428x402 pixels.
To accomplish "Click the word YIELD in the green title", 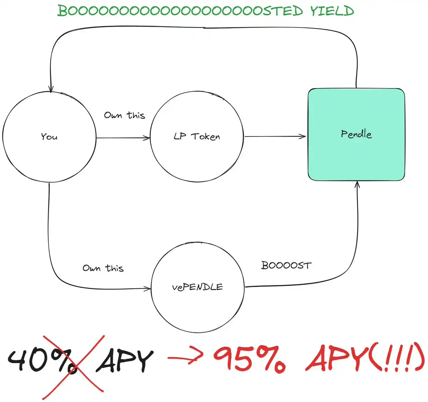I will coord(332,11).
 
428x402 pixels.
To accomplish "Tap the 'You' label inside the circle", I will coord(49,137).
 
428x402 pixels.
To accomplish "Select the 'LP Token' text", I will coord(197,137).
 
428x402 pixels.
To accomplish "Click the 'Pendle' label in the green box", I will coord(356,134).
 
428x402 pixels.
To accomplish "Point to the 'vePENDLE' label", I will coord(197,287).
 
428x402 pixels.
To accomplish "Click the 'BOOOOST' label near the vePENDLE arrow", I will coord(286,265).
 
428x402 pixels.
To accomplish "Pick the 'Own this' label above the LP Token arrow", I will coord(124,115).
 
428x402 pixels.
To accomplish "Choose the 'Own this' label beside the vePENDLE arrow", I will coord(103,268).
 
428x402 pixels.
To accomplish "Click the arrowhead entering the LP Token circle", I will coord(147,138).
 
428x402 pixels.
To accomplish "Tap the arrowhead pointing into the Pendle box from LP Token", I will coord(303,136).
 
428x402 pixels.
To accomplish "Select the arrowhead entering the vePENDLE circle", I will coord(148,289).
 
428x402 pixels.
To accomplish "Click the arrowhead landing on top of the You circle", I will coord(51,89).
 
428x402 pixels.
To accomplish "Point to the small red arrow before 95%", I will coord(185,357).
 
